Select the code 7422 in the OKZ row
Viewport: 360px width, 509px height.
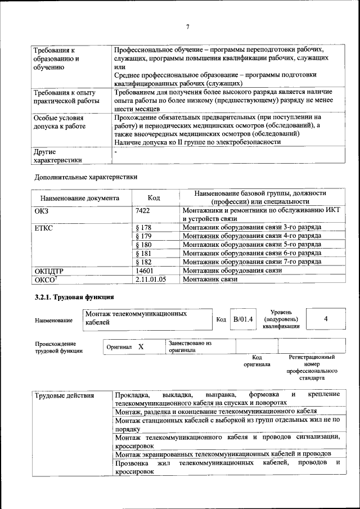coord(143,210)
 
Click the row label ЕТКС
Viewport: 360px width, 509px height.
coord(43,228)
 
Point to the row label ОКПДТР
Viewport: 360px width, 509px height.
coord(49,271)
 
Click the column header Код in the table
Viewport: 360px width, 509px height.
coord(154,198)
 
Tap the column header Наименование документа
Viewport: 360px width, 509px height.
coord(79,198)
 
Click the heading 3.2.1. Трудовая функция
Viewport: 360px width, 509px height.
coord(74,297)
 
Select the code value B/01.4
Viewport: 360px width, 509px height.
coord(243,319)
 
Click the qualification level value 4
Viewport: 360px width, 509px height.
coord(326,319)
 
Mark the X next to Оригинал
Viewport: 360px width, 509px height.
coord(141,347)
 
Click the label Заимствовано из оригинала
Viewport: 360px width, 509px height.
coord(190,346)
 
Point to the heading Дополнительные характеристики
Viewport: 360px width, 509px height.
coord(85,177)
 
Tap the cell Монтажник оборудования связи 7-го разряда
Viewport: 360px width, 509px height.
coord(252,262)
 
